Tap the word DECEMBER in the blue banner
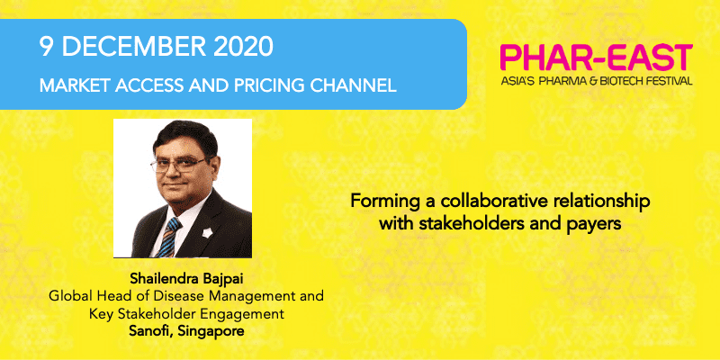(132, 47)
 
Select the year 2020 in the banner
(242, 47)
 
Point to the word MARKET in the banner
(70, 85)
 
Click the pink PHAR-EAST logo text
(596, 58)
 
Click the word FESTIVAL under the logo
(670, 81)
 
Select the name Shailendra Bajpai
(186, 280)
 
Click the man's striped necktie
(168, 237)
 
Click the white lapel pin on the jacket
(205, 232)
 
